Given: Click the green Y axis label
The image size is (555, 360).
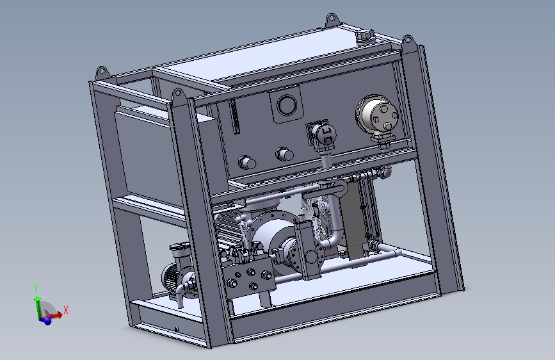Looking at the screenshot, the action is click(x=36, y=289).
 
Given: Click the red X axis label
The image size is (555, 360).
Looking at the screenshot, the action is click(x=66, y=311).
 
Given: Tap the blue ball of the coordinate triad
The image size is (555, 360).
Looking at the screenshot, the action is click(x=46, y=321).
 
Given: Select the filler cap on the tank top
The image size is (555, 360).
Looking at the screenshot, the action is click(x=365, y=36).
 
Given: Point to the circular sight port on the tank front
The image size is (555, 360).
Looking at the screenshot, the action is click(x=287, y=105).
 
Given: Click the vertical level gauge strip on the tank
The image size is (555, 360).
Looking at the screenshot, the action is click(x=234, y=117).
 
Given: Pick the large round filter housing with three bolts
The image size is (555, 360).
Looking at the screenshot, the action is click(x=378, y=115).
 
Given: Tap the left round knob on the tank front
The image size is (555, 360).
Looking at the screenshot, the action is click(x=246, y=163).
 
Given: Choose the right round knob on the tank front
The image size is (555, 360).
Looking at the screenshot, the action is click(x=284, y=154).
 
